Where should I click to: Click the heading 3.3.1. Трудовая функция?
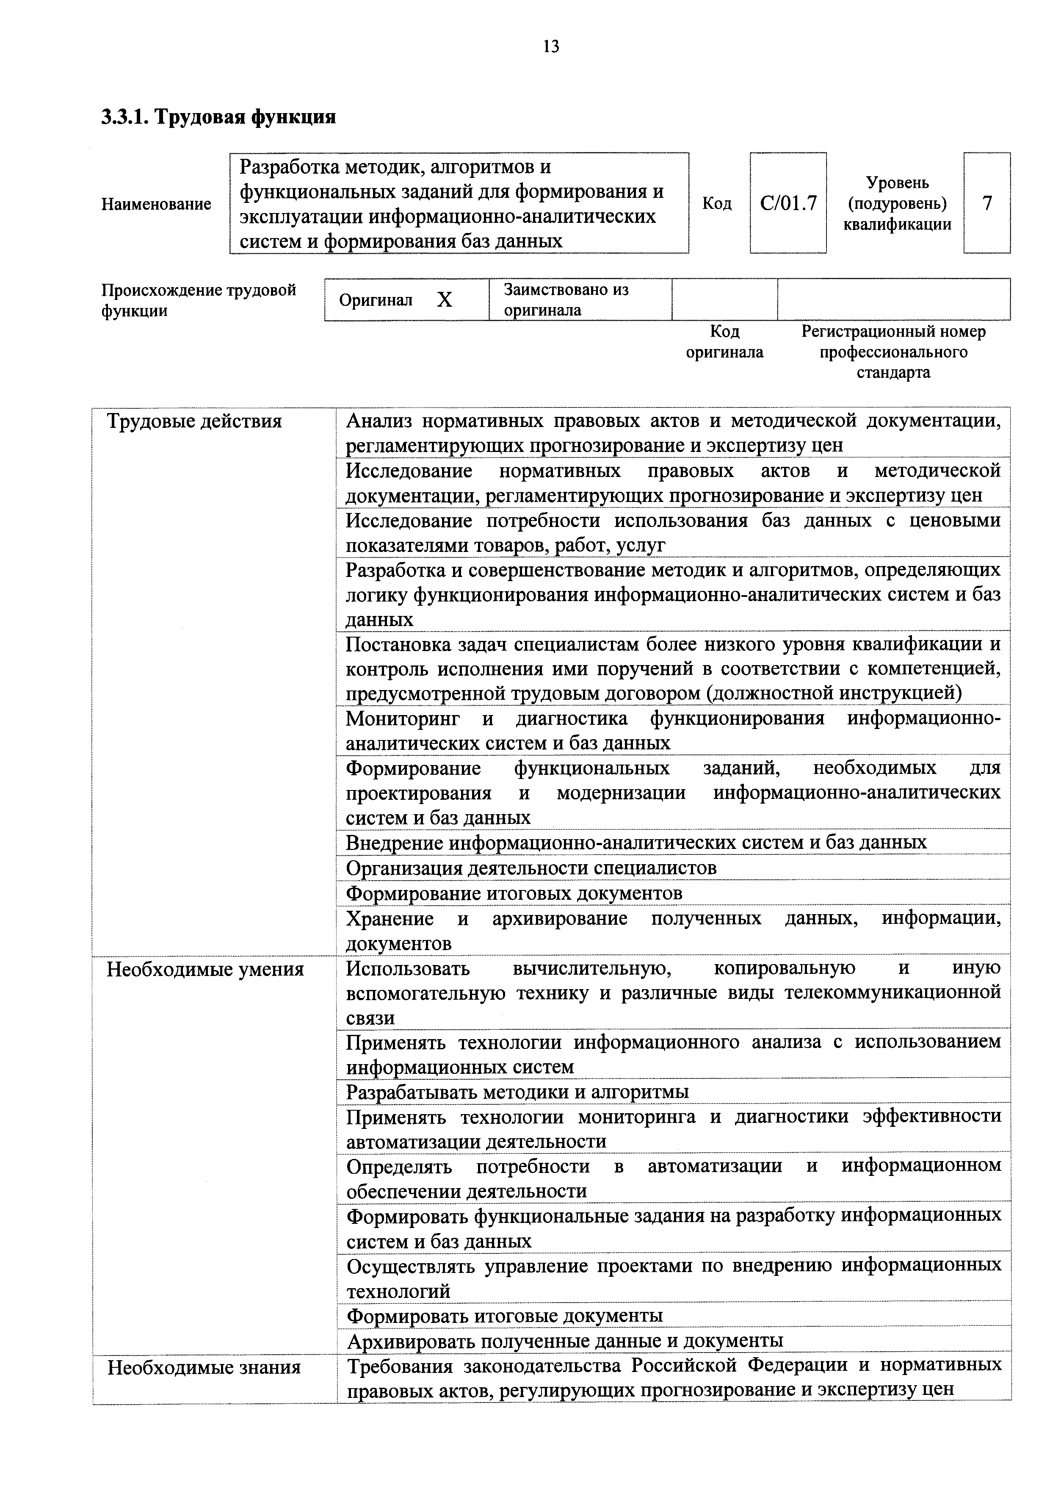pos(218,117)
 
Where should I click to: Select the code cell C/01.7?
pos(788,203)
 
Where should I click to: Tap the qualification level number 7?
pos(986,203)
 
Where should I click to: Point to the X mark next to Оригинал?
pos(445,299)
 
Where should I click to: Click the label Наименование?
pos(156,204)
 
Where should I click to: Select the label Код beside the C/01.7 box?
pos(717,204)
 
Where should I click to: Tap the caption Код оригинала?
pos(724,342)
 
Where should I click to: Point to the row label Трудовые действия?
pos(194,421)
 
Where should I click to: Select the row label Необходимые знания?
pos(204,1367)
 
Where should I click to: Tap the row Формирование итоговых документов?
pos(514,893)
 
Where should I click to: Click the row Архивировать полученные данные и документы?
pos(564,1340)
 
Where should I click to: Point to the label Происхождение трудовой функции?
pos(198,299)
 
